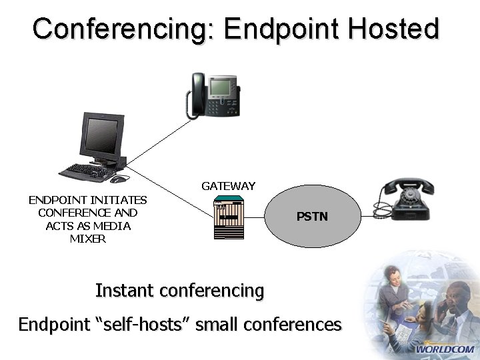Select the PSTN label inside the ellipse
tap(312, 217)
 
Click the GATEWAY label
tap(228, 186)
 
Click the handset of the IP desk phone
tap(195, 94)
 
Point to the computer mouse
tap(117, 179)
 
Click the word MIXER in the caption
tap(87, 239)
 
